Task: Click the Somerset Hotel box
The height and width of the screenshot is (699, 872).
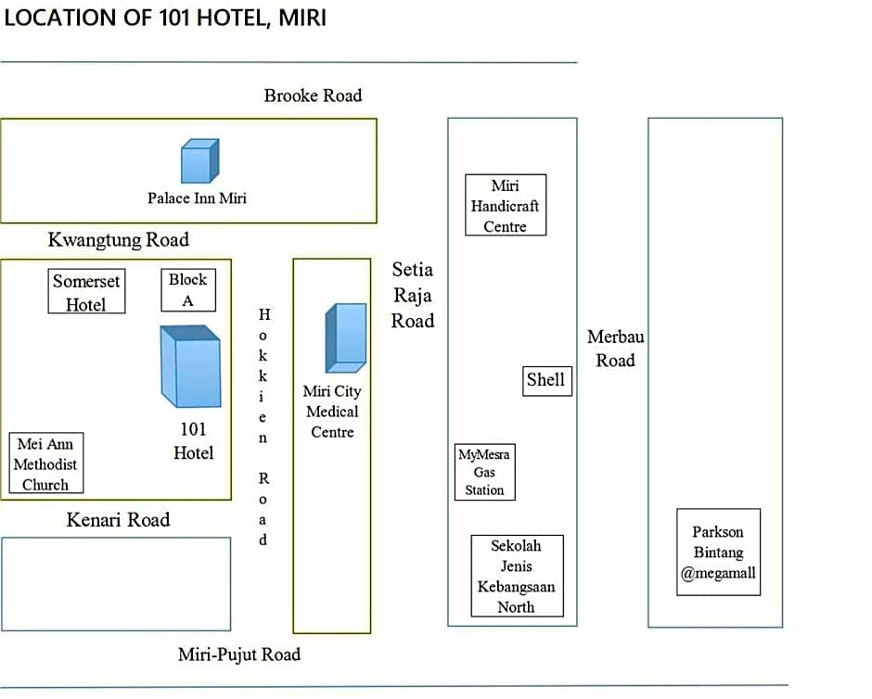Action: pos(87,291)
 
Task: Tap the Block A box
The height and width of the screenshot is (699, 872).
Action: pos(188,290)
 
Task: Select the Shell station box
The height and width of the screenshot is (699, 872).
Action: pos(547,381)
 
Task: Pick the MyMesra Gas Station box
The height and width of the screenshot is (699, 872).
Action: pos(485,472)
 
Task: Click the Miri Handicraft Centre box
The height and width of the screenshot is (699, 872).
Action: pos(506,205)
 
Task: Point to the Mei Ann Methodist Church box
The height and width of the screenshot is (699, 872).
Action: pos(46,463)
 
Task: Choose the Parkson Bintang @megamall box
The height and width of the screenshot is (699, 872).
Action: pos(719,552)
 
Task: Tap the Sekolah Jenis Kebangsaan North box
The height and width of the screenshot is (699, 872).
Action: pos(518,576)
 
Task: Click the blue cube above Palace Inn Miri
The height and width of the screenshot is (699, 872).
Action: pos(200,160)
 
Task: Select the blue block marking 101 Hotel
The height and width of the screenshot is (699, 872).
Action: pos(191,366)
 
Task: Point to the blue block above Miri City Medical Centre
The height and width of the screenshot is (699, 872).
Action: pos(346,337)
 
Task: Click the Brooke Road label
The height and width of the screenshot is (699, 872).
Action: pos(314,95)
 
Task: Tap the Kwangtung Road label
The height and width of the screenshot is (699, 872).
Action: pos(119,240)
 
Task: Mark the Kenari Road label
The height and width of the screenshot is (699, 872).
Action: pos(119,519)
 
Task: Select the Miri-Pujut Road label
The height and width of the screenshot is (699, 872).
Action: pos(239,655)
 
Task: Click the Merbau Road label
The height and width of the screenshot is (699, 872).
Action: pos(616,349)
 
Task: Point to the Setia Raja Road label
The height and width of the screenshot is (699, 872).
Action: pos(413,295)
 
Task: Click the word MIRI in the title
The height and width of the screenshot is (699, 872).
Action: pos(302,18)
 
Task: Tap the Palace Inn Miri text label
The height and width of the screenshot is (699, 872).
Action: pos(197,198)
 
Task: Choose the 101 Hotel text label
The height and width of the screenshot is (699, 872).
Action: pos(194,441)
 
